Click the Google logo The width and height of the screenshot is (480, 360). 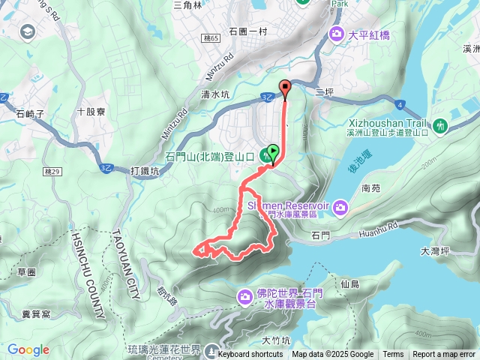[x=28, y=349]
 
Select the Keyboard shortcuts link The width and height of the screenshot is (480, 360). [x=250, y=355]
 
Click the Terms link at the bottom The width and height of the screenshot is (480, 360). [x=393, y=355]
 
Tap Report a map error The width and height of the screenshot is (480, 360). [x=445, y=355]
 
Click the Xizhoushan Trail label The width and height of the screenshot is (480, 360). [x=388, y=123]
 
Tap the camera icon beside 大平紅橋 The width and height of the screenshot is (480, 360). [x=337, y=34]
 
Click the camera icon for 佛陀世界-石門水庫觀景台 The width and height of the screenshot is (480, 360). [x=245, y=298]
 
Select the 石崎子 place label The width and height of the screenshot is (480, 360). [x=31, y=114]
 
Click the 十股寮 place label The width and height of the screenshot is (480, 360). [x=91, y=111]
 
